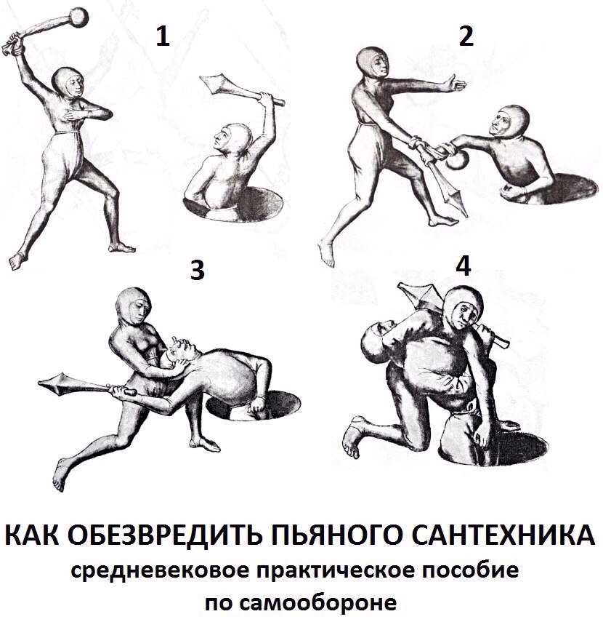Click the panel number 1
163,37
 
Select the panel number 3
197,270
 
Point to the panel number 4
464,266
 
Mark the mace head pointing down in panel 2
451,194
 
